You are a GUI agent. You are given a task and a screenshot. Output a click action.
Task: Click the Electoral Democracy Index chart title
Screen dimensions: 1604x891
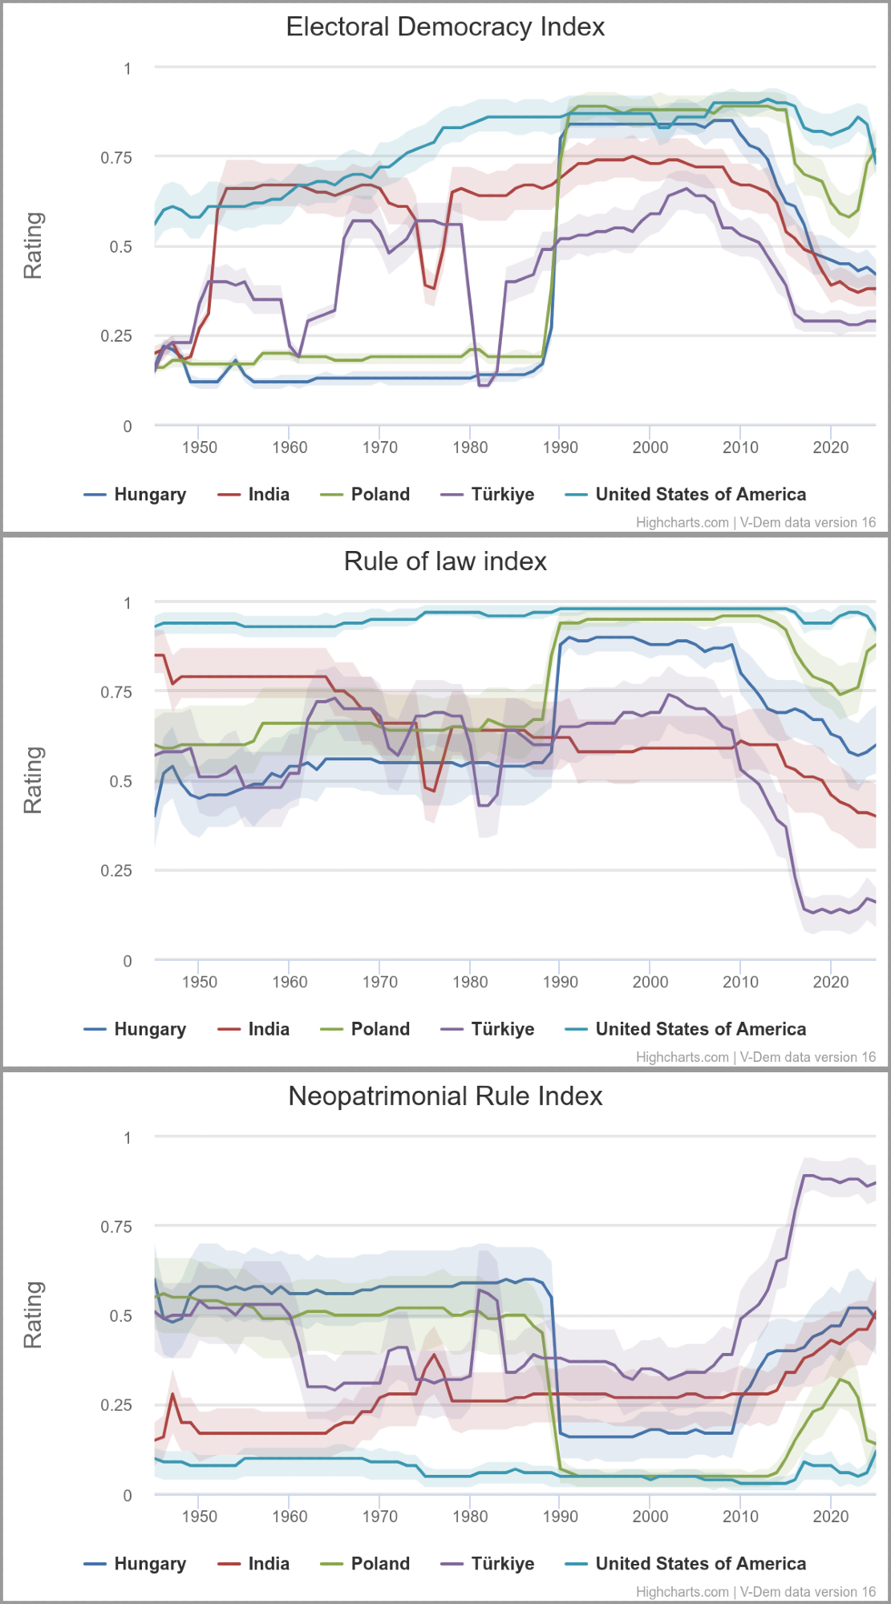point(445,27)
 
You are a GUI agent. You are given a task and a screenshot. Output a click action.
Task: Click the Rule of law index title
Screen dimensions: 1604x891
point(445,561)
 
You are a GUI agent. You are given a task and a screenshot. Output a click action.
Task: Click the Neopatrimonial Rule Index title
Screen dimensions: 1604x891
point(445,1096)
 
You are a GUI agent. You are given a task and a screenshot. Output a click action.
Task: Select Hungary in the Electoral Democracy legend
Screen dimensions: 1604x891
point(149,495)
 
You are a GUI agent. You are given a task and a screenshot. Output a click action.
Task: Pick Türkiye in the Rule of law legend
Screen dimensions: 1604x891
point(502,1029)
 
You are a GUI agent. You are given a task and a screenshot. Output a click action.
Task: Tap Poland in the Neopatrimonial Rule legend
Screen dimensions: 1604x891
point(380,1564)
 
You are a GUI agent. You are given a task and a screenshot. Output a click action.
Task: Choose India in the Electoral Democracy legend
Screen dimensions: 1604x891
point(268,495)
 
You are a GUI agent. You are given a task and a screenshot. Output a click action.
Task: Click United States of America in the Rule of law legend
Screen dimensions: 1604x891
point(700,1029)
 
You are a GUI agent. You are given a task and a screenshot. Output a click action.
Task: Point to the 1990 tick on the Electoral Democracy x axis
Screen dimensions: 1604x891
point(560,448)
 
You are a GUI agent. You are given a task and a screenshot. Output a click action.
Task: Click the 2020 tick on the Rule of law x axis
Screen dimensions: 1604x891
point(830,982)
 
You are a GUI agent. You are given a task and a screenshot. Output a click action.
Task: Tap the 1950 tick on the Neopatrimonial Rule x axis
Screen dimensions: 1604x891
point(199,1517)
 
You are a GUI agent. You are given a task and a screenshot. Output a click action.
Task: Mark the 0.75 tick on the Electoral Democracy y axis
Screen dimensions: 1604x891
point(116,158)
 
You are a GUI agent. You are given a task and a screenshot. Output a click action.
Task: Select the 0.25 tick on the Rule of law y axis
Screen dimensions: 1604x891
point(116,871)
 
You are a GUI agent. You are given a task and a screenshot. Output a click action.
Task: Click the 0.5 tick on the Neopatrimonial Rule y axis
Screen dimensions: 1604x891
point(121,1316)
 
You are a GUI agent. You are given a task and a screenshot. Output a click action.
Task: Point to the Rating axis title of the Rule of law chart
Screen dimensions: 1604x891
point(33,780)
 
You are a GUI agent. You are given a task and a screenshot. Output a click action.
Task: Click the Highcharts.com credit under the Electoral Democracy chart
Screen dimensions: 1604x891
point(682,523)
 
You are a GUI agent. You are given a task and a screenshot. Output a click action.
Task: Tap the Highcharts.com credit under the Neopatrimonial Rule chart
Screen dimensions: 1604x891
point(682,1592)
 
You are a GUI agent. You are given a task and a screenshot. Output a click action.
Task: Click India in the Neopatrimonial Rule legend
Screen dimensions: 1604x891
point(268,1564)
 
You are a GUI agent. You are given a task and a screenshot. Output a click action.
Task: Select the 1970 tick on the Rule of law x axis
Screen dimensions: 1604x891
point(379,982)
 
